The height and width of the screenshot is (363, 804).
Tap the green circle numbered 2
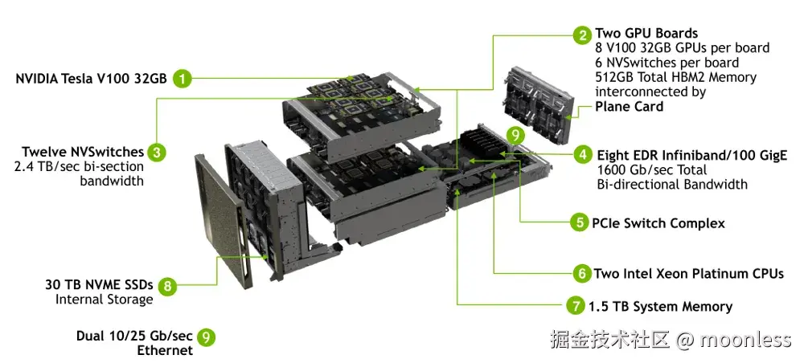tap(581, 35)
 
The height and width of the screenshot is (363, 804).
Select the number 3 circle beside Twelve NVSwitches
tap(158, 152)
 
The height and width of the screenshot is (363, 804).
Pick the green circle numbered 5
tap(580, 223)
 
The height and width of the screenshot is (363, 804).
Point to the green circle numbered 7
tap(574, 306)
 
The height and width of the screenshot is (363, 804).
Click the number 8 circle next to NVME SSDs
tap(166, 285)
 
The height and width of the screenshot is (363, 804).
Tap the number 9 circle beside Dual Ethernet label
tap(207, 337)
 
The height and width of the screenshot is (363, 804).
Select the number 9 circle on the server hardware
tap(515, 135)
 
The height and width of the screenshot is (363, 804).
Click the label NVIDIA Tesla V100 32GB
tap(91, 79)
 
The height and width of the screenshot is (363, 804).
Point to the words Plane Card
tap(629, 106)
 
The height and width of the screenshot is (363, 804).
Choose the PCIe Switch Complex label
tap(658, 223)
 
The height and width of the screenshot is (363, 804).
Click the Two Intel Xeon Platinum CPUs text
tap(688, 274)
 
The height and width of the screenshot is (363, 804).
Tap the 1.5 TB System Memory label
tap(660, 306)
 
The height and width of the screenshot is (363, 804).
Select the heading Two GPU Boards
tap(646, 34)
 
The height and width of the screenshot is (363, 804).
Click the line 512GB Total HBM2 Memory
tap(675, 77)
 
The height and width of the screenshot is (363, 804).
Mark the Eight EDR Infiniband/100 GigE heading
tap(691, 155)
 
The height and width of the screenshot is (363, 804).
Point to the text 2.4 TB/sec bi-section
tap(79, 166)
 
